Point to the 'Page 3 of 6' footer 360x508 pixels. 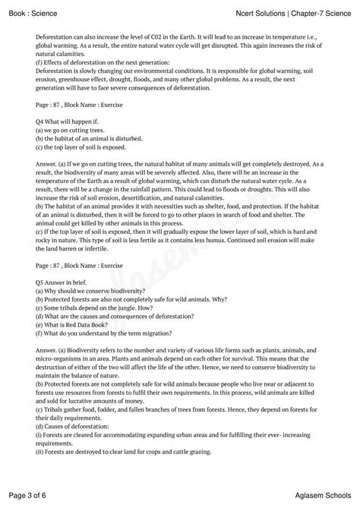coord(29,494)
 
